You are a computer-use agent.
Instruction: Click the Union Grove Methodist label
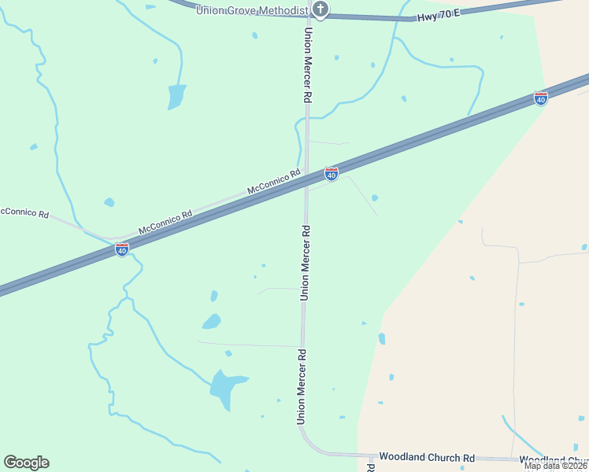click(x=251, y=9)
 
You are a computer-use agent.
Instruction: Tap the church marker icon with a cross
click(x=320, y=9)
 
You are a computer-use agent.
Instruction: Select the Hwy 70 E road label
click(x=438, y=16)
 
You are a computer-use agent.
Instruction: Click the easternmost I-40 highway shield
click(x=540, y=98)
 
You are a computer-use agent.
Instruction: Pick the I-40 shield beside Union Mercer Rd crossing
click(x=332, y=174)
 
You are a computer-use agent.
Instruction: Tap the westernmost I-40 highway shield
click(x=122, y=249)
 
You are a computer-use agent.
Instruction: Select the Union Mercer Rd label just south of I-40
click(x=305, y=263)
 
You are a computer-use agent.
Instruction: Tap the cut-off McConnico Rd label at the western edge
click(x=24, y=213)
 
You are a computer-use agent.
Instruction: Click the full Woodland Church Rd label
click(x=427, y=457)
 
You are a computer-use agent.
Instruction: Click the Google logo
click(x=27, y=463)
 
